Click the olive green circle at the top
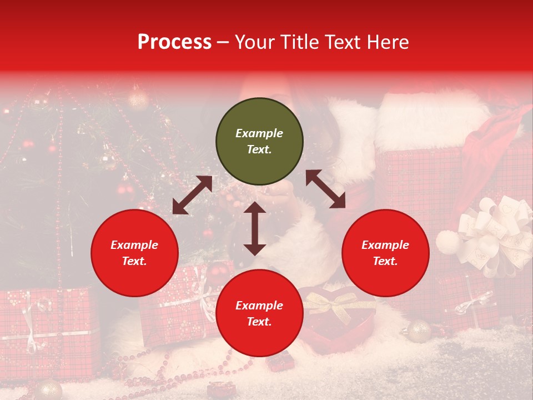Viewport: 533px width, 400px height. (259, 142)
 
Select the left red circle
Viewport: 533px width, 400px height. (134, 253)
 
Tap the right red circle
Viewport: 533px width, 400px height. (385, 253)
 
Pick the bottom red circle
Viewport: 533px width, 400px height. (259, 313)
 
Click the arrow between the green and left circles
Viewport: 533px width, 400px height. (192, 195)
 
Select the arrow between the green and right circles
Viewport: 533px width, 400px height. (325, 189)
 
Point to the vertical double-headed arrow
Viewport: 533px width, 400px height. (255, 228)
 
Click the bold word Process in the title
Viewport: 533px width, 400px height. (174, 42)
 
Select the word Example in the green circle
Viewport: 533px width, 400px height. (259, 133)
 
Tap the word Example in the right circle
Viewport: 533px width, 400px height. (385, 245)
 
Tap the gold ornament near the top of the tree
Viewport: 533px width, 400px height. (138, 101)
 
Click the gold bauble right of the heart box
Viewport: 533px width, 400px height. (419, 331)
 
